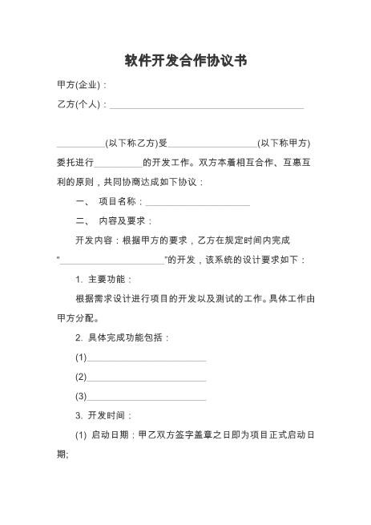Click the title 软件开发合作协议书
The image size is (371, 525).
pyautogui.click(x=185, y=61)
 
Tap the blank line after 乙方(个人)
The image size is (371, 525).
pyautogui.click(x=207, y=105)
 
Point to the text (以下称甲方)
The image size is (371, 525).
pyautogui.click(x=284, y=143)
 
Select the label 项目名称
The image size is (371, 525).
pyautogui.click(x=120, y=201)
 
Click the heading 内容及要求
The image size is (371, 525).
pyautogui.click(x=123, y=220)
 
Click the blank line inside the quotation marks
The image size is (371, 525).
pyautogui.click(x=111, y=260)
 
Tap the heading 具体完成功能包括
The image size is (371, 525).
pyautogui.click(x=127, y=337)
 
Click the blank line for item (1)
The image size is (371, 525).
pyautogui.click(x=147, y=358)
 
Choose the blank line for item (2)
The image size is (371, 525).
pyautogui.click(x=147, y=378)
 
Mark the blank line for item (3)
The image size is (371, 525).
pyautogui.click(x=147, y=397)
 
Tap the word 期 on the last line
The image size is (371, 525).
pyautogui.click(x=62, y=454)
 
